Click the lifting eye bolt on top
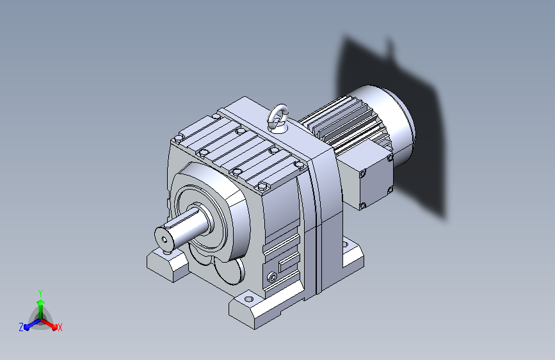pyautogui.click(x=278, y=117)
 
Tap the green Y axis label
pyautogui.click(x=40, y=293)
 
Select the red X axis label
pyautogui.click(x=60, y=328)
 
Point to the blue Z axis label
pyautogui.click(x=21, y=327)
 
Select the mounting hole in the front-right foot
pyautogui.click(x=249, y=300)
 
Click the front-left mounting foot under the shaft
pyautogui.click(x=166, y=264)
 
